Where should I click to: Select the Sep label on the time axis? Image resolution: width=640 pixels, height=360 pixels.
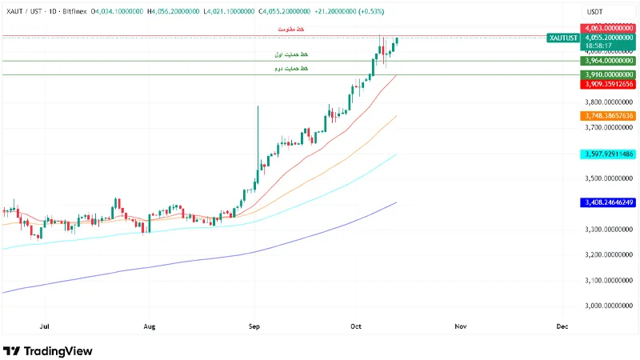pos(255,326)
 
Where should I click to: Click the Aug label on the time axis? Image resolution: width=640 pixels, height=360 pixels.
pos(150,326)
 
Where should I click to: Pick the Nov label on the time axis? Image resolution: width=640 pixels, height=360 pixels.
pos(460,326)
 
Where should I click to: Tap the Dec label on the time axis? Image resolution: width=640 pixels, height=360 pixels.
pos(562,326)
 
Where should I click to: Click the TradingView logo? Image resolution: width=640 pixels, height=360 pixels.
pos(48,350)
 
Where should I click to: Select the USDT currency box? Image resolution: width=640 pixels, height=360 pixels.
pos(594,12)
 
